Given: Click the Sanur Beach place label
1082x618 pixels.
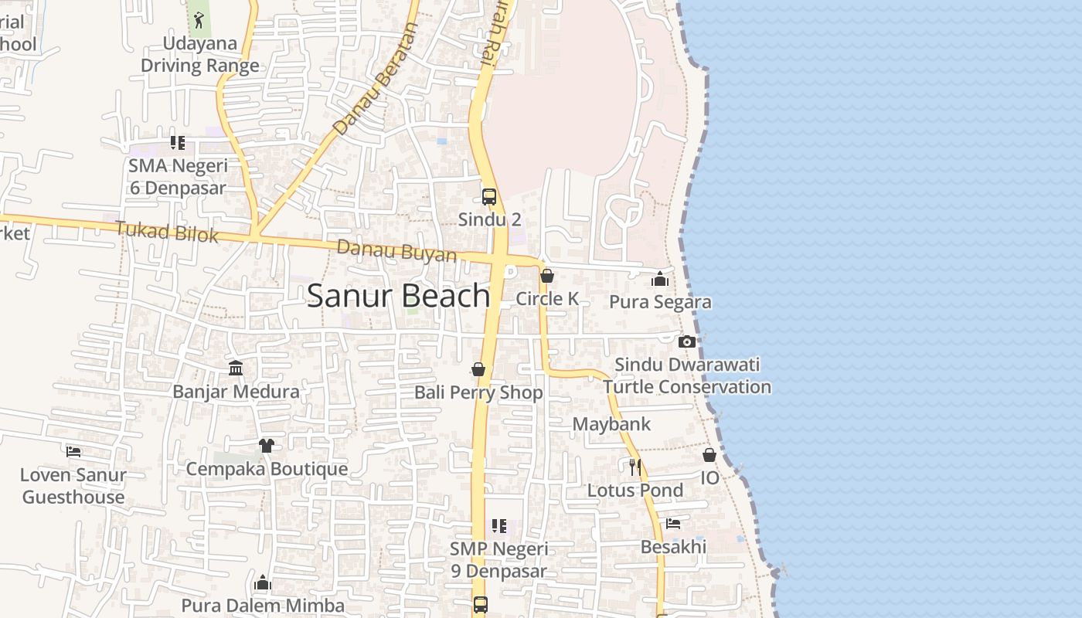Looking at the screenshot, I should (x=398, y=296).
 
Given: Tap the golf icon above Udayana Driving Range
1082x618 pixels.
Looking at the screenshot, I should (x=199, y=19).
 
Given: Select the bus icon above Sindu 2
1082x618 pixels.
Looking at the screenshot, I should (x=489, y=197).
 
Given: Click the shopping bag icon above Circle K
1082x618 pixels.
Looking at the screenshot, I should (x=547, y=276).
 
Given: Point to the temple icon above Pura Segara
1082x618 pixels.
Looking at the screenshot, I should (x=660, y=279).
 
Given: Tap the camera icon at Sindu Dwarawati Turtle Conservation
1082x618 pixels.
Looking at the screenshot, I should (x=686, y=341).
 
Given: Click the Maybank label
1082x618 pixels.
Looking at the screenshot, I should (x=611, y=424).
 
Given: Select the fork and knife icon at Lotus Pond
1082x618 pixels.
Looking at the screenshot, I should (x=635, y=467).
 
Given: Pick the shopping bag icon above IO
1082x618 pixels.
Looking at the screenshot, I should (x=709, y=455).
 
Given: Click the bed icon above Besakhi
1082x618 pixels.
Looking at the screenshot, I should (x=673, y=524).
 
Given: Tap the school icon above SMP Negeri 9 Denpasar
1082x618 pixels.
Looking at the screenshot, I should (x=499, y=526).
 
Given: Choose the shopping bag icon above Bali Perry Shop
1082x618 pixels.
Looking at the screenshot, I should (x=478, y=369).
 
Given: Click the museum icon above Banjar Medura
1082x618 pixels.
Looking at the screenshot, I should (x=236, y=368).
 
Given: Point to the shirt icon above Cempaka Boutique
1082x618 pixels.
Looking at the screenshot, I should (x=267, y=446).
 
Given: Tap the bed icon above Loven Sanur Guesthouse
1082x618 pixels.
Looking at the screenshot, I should (x=73, y=451).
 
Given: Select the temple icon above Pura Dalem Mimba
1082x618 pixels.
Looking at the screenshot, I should (x=263, y=582).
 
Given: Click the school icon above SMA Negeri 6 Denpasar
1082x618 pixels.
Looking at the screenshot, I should (x=178, y=143).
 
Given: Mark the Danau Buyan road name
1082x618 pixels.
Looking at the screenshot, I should (x=396, y=251).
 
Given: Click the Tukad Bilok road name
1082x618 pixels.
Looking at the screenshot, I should (x=167, y=231).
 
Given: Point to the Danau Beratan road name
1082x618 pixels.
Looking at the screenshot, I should (x=376, y=80).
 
